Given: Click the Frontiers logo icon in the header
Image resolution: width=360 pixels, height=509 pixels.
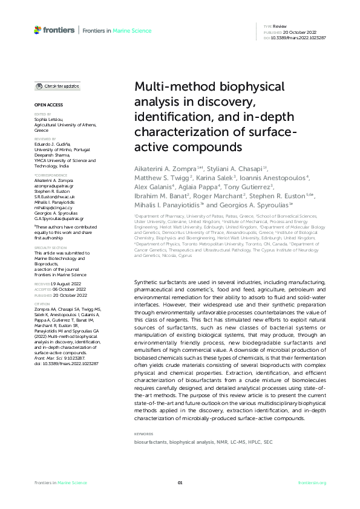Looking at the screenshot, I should click(38, 29).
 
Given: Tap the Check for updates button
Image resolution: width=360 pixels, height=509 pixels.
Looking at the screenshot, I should click(57, 86).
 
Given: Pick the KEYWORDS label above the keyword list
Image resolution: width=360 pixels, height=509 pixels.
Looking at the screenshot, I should click(145, 434).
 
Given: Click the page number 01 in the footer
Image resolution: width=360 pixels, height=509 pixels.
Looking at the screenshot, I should click(180, 482).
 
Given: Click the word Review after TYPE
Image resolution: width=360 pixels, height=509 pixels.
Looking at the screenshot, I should click(280, 27).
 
